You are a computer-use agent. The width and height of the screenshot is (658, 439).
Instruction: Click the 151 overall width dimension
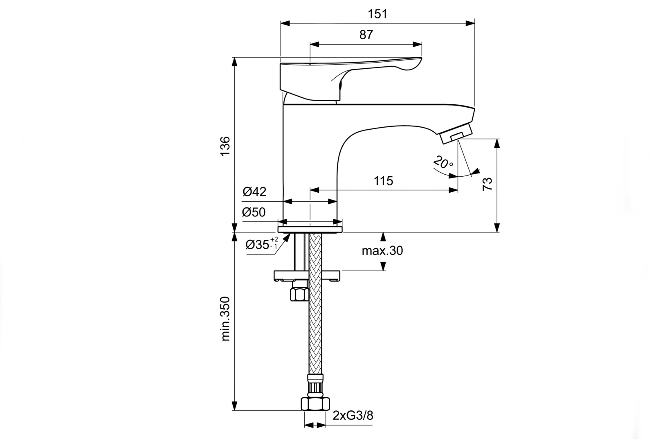[x=377, y=14]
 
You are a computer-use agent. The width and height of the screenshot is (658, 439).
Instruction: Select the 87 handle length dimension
[x=366, y=35]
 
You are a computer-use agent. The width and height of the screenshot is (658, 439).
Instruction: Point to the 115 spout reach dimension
[x=383, y=180]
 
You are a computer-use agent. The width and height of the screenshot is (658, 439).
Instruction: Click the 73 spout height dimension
[x=487, y=184]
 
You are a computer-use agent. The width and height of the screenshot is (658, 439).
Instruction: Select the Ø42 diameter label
[x=254, y=191]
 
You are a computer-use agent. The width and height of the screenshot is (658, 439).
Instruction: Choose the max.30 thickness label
[x=382, y=250]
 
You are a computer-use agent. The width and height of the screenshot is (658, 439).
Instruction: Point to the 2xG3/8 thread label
[x=353, y=416]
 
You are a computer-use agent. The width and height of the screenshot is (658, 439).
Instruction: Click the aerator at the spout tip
[x=456, y=134]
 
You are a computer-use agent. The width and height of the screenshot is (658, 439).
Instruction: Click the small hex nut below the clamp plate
[x=299, y=294]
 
